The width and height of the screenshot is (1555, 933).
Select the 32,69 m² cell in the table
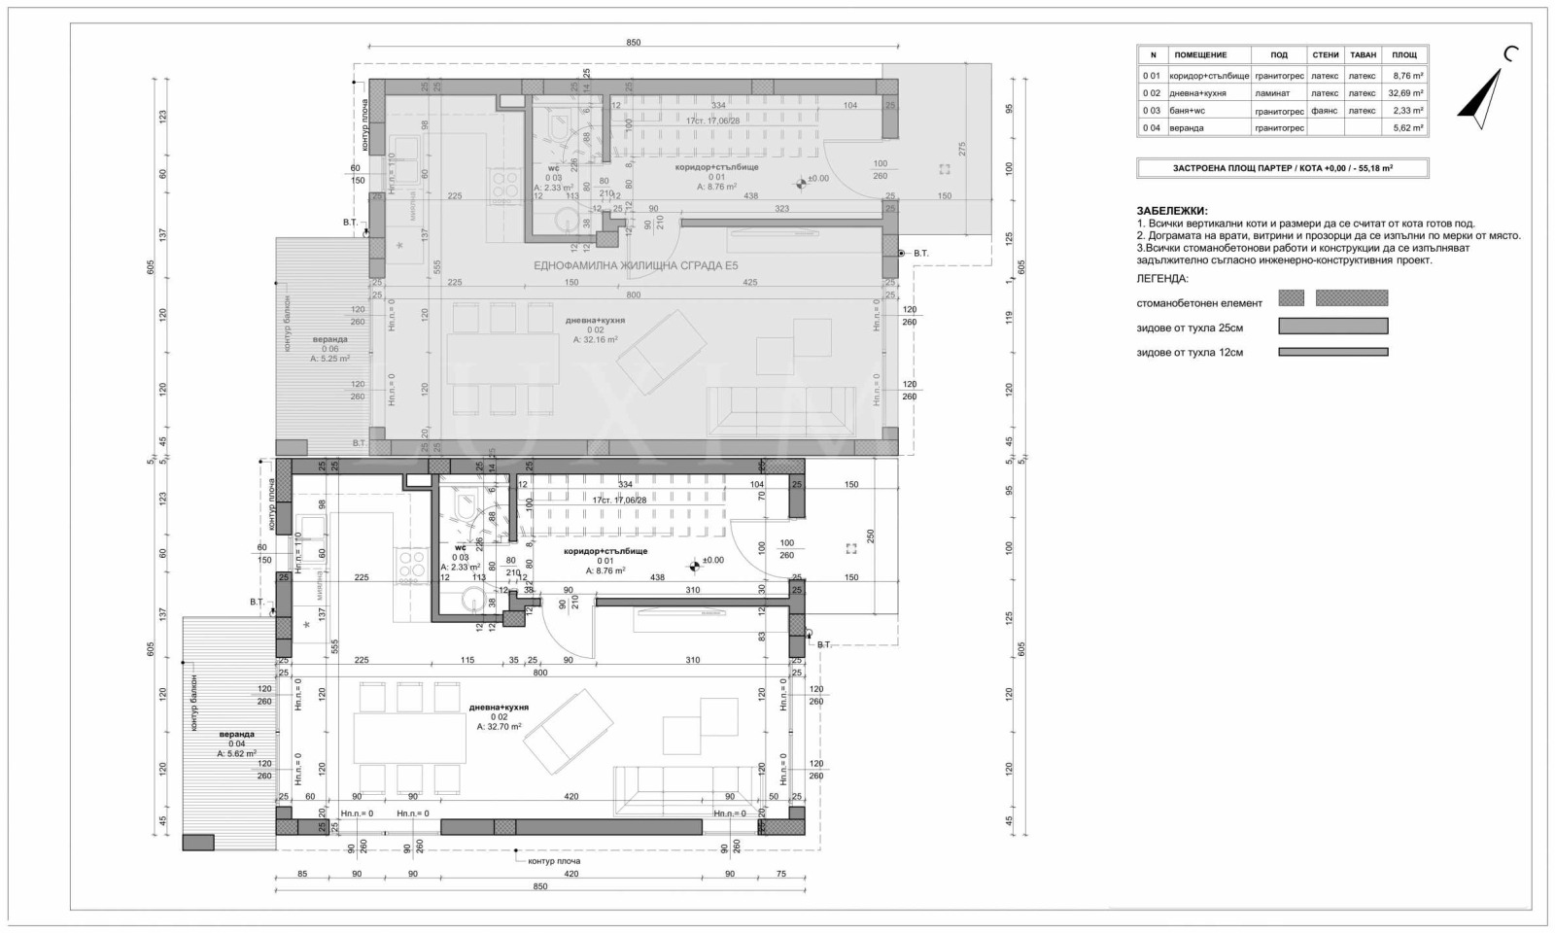point(1405,93)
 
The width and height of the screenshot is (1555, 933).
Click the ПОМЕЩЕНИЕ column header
point(1200,55)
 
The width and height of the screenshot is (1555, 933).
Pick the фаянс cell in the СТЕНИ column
point(1324,111)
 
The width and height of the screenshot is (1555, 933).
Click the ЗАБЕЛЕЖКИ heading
point(1172,210)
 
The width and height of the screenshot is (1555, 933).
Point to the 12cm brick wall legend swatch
point(1332,352)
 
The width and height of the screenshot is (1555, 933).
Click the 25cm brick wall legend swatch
point(1332,326)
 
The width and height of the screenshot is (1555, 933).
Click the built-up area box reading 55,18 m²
point(1282,168)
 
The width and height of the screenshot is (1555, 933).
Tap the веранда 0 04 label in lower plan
point(236,739)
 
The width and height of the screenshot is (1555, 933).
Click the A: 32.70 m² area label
point(499,726)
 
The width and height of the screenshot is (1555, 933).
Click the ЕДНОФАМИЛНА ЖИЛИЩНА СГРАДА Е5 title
point(636,264)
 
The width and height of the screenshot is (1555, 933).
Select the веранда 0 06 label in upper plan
point(329,344)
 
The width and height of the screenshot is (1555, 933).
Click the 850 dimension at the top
point(633,43)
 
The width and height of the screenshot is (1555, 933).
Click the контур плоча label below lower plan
point(553,860)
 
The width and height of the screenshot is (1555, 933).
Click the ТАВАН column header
point(1364,55)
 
